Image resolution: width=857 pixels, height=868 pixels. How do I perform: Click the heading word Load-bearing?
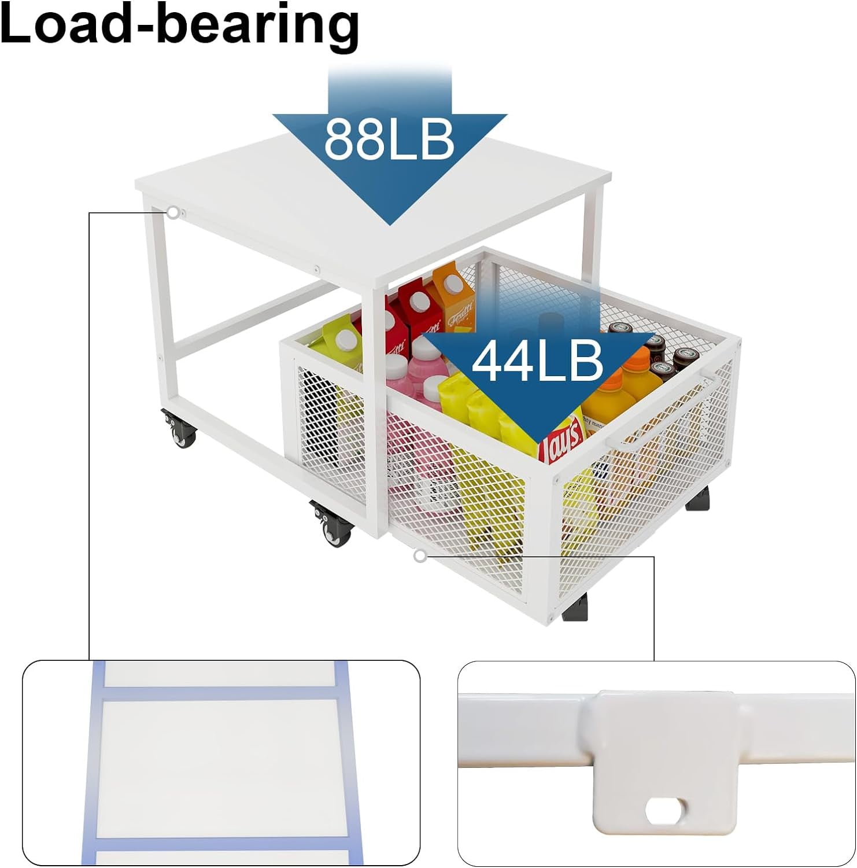coord(179,26)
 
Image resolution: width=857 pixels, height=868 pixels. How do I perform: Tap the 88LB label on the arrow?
coord(389,139)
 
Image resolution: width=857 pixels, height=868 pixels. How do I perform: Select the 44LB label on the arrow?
coord(537,362)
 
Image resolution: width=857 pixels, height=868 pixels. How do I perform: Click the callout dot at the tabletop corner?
coord(173,212)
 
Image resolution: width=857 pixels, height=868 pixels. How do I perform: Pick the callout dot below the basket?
coord(420,557)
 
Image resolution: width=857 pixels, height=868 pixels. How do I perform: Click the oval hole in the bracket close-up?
coord(664,811)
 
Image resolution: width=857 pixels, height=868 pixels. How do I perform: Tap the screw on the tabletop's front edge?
coord(317,269)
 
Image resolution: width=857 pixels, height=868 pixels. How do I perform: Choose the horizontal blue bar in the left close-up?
coord(220,693)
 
